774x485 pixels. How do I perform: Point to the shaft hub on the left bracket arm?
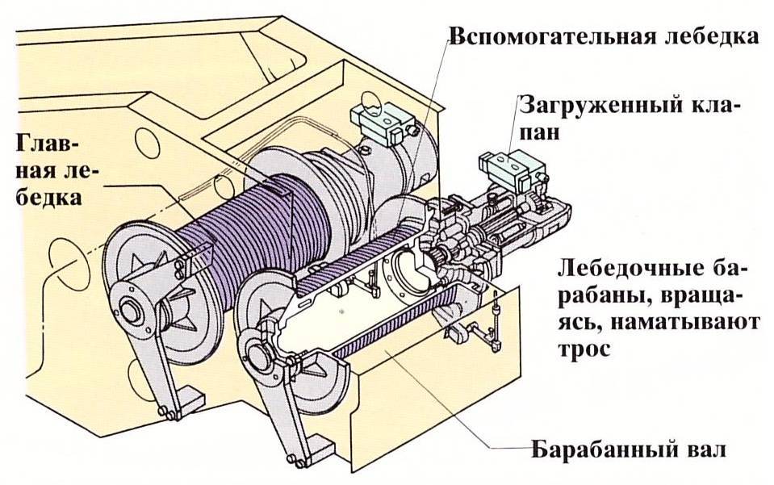tap(130, 311)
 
